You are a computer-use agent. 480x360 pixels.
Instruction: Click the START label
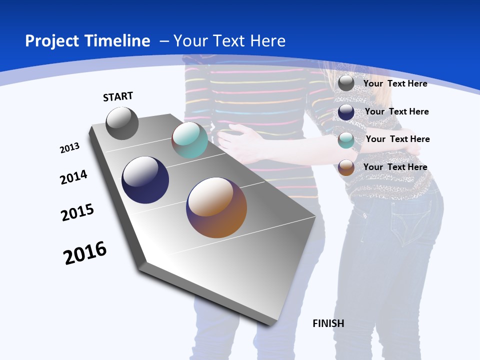pos(118,96)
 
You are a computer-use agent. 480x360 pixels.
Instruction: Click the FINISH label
pos(328,323)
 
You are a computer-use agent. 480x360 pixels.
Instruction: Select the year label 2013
pos(70,148)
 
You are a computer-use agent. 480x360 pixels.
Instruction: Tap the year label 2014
pos(74,177)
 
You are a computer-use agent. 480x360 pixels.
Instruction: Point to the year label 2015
pos(77,212)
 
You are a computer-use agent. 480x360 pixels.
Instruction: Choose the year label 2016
pos(85,253)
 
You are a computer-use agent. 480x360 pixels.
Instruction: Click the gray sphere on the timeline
pos(122,123)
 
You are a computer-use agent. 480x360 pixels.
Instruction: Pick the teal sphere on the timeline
pos(189,140)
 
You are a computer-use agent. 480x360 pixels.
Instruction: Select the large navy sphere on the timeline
pos(145,180)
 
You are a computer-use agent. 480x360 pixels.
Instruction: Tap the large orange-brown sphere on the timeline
pos(216,207)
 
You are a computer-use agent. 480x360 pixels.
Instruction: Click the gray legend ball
pos(346,83)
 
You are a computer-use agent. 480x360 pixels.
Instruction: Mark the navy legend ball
pos(346,111)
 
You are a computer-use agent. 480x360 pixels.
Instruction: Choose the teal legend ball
pos(346,140)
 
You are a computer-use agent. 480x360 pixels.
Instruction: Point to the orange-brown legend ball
pos(346,167)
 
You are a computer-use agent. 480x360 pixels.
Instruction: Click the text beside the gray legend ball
pos(395,83)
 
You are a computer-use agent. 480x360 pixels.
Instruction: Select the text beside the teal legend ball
pos(397,139)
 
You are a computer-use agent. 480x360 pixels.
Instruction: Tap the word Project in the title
pos(51,41)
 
